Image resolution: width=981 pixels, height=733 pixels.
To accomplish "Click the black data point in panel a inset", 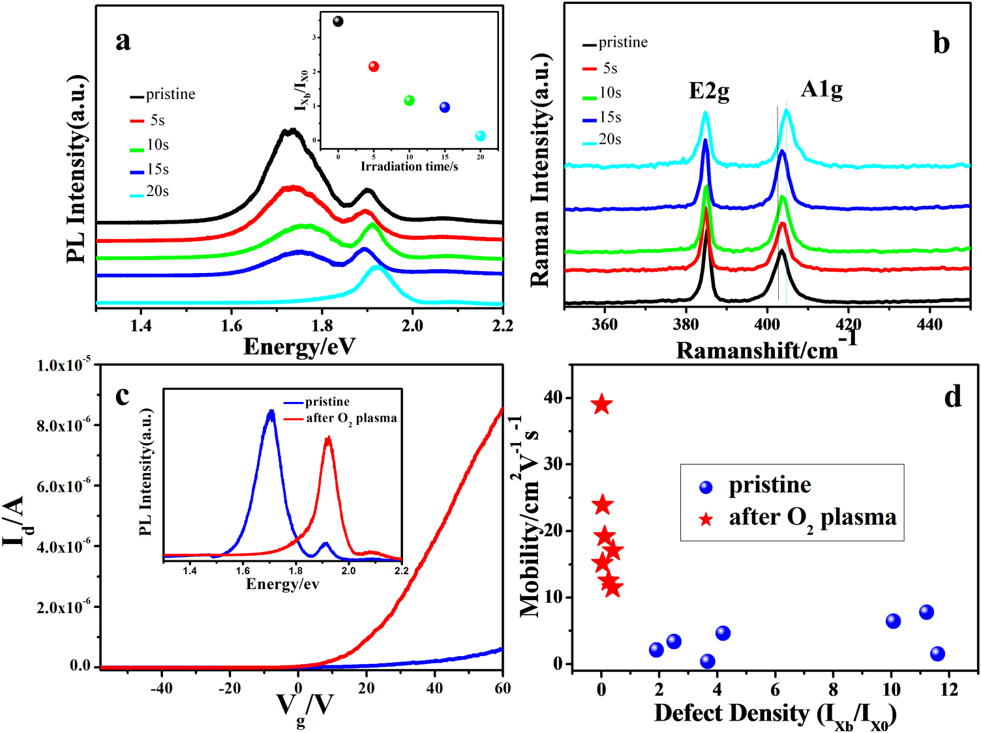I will (x=338, y=22).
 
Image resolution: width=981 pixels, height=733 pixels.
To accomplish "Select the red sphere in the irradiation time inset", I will (x=374, y=66).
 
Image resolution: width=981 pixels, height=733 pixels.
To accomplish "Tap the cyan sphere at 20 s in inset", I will (x=481, y=136).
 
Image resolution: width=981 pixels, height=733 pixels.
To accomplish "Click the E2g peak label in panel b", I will (x=709, y=91).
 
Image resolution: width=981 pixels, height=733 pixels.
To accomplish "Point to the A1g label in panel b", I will (x=821, y=89).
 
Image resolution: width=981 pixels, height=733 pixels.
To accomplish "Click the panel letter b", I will (x=941, y=43).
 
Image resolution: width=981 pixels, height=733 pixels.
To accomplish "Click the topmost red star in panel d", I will (x=601, y=405).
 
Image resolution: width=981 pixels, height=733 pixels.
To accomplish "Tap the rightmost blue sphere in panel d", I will (x=937, y=654).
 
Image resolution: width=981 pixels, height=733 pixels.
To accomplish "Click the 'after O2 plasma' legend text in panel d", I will (x=812, y=517).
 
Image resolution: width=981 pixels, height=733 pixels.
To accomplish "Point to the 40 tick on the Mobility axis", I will (x=553, y=397).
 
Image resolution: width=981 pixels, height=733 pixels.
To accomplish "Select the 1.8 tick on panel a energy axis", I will (x=322, y=325).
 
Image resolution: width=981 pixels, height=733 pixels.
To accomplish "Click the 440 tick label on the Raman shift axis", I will (x=929, y=324).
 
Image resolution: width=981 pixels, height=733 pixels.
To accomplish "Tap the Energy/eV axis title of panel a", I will (x=299, y=347).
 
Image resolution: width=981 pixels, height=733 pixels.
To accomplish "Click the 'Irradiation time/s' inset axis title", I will (x=409, y=167).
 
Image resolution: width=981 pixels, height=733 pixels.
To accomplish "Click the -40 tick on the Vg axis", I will (x=161, y=688).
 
